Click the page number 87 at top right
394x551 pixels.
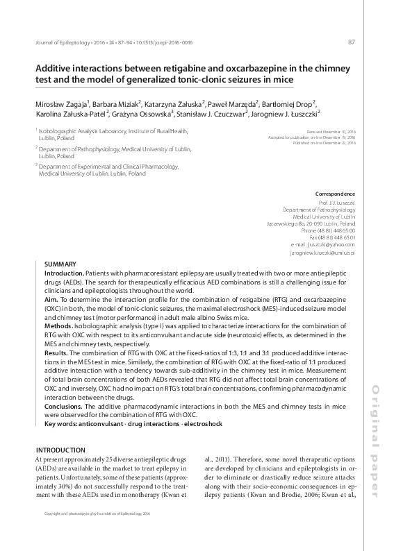coord(351,42)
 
